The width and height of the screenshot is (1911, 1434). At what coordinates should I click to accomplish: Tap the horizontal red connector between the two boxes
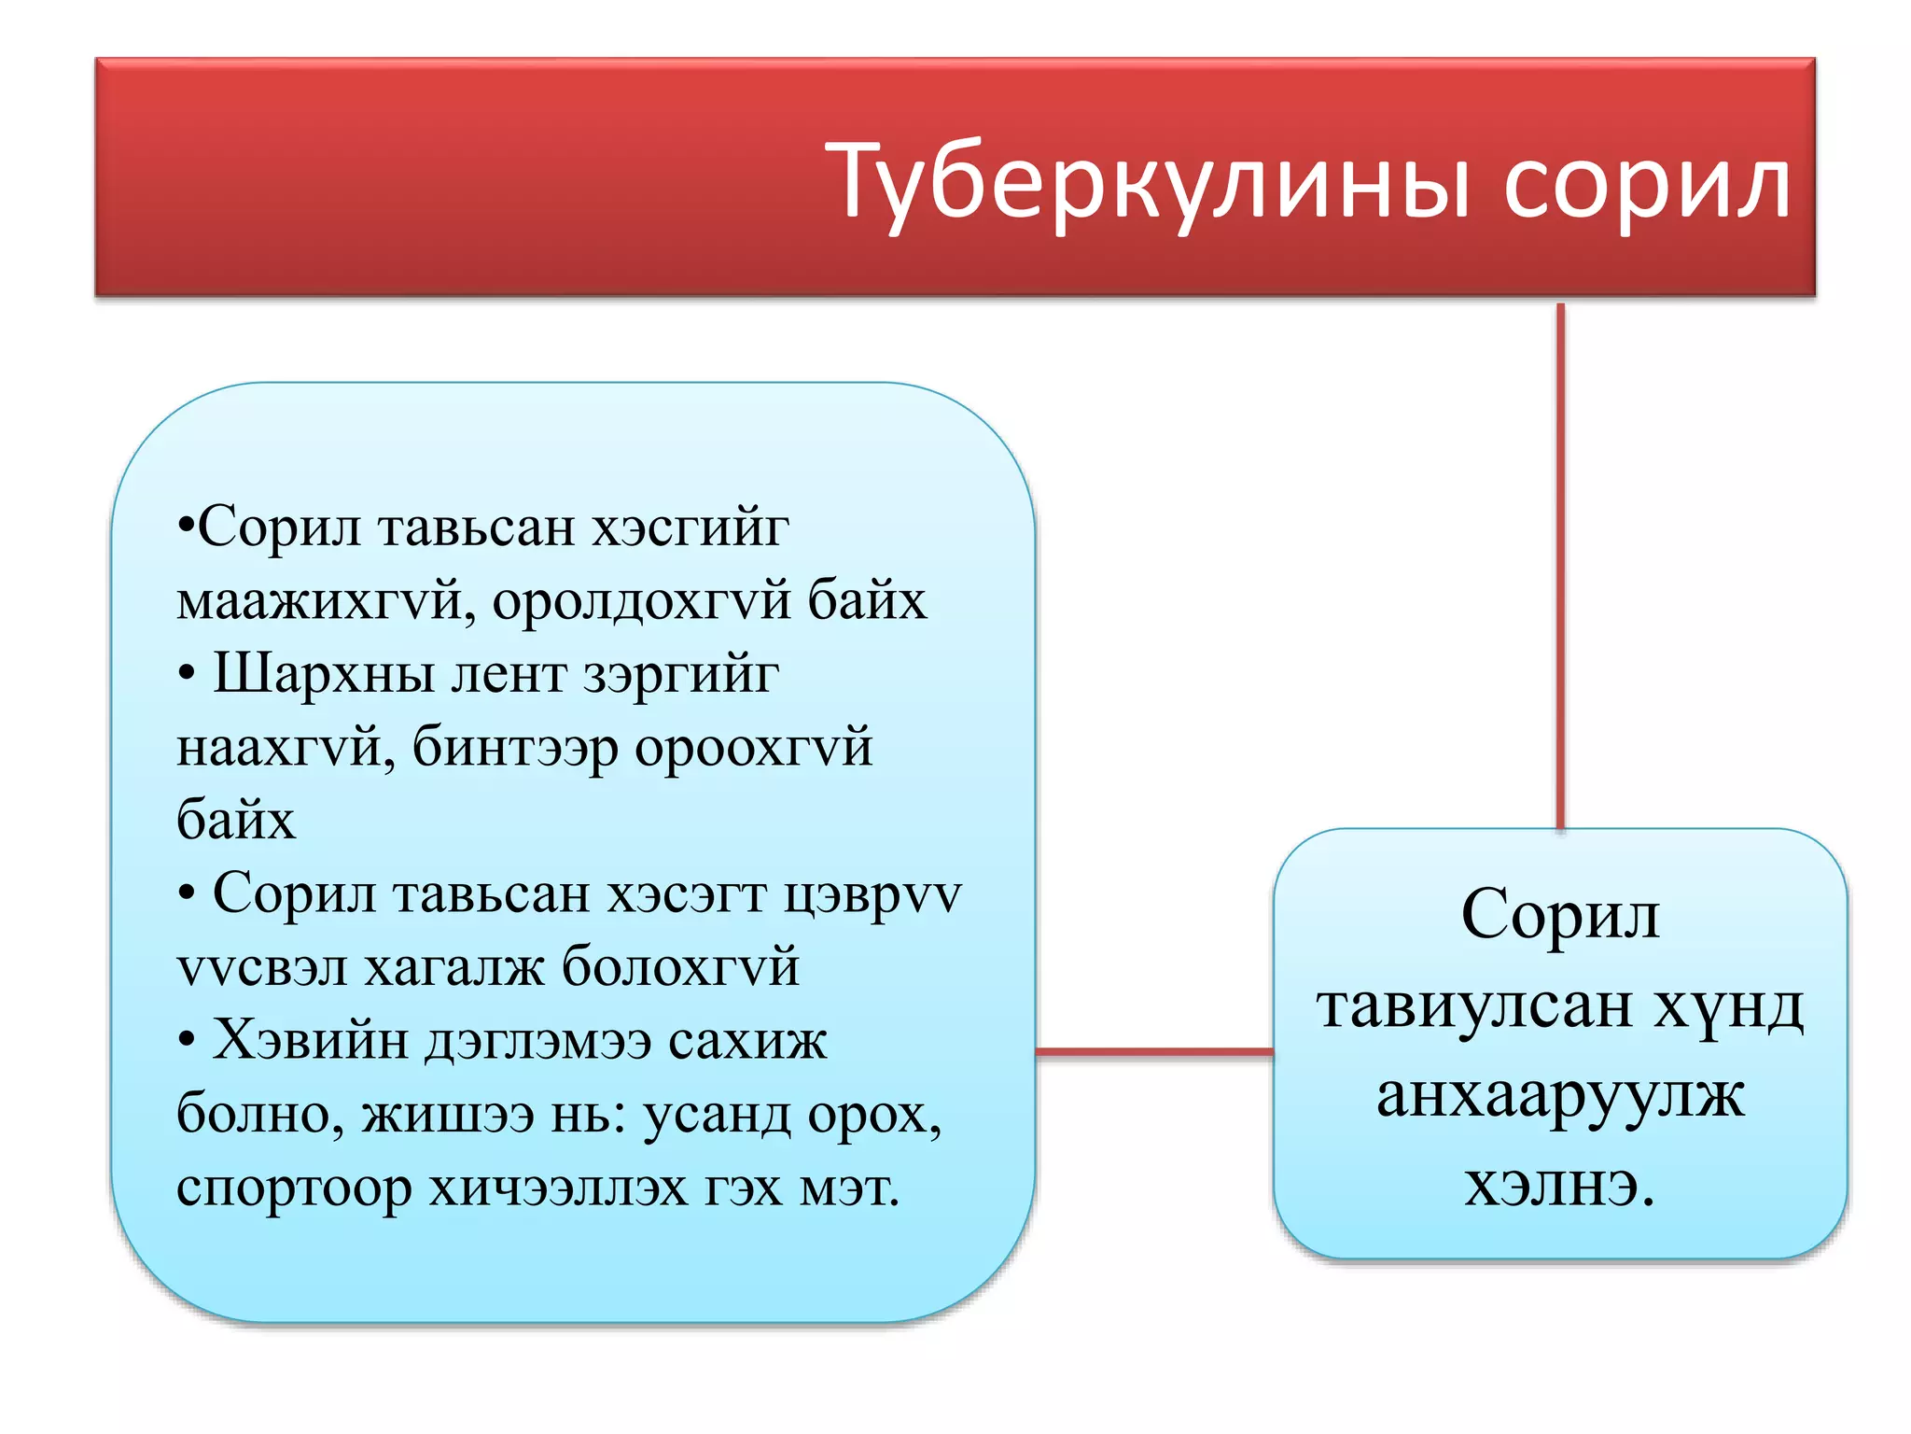(x=1154, y=1052)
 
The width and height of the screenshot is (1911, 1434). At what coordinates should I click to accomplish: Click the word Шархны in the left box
(x=324, y=674)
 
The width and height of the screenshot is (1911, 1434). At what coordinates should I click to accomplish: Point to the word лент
(x=509, y=674)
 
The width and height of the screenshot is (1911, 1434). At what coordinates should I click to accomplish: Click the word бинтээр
(x=515, y=748)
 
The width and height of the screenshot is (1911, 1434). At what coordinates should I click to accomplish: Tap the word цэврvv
(x=872, y=895)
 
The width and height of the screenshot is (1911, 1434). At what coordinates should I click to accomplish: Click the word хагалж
(x=453, y=966)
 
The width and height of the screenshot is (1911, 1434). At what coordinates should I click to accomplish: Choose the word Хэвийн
(x=310, y=1040)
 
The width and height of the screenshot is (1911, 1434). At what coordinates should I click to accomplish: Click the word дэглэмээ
(x=538, y=1040)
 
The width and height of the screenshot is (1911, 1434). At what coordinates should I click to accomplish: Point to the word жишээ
(x=448, y=1114)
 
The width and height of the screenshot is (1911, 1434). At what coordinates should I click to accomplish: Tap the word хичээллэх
(x=558, y=1188)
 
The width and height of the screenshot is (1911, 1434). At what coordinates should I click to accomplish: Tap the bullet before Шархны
(x=187, y=674)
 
